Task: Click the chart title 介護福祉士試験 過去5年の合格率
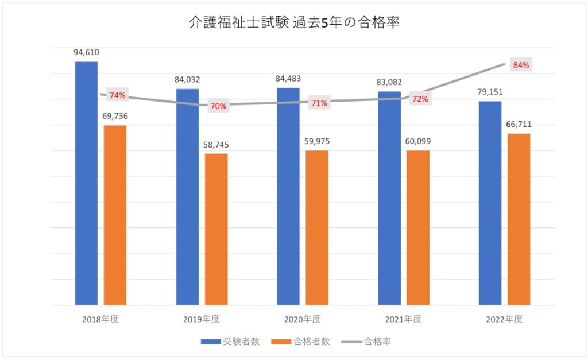294,23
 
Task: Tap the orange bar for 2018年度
115,215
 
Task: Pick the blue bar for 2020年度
288,196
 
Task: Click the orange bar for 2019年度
216,229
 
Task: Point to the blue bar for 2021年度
389,198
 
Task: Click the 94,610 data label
86,52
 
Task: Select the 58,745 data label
216,144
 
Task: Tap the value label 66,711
519,124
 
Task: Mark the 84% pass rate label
521,65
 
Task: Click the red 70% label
219,106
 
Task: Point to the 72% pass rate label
420,99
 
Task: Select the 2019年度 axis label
201,319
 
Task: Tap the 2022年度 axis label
504,319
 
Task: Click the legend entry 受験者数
230,342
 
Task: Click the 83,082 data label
389,82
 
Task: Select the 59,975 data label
316,141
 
